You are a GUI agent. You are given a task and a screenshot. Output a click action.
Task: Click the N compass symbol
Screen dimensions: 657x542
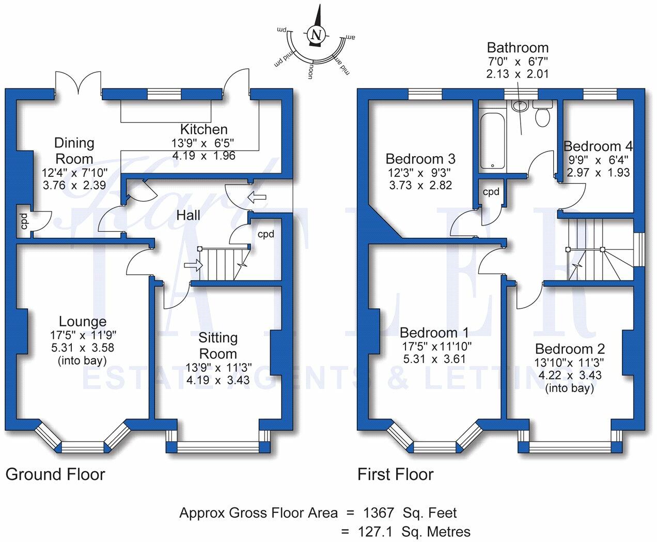[x=317, y=34]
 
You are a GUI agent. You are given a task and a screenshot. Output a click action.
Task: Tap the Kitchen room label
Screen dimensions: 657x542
[x=204, y=129]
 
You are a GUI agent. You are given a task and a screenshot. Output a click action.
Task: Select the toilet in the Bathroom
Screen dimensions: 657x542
[x=543, y=113]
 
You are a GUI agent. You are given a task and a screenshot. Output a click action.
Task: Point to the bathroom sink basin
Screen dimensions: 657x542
[x=520, y=106]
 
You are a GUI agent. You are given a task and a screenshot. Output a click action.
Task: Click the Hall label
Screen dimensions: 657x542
[x=188, y=215]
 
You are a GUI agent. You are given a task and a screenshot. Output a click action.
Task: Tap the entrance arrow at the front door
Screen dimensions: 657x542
[x=257, y=198]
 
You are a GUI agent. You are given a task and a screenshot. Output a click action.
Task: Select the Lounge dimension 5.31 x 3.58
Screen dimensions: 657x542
[x=83, y=348]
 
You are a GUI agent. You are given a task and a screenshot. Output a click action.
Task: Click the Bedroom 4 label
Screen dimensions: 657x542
[x=598, y=146]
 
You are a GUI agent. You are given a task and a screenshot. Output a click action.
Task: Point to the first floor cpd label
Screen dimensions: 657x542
[x=491, y=192]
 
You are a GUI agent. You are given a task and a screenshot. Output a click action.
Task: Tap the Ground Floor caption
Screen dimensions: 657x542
[x=55, y=474]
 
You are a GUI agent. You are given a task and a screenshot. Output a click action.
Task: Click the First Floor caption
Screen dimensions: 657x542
[x=396, y=474]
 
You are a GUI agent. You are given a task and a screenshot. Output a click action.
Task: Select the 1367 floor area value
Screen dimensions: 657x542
[x=379, y=513]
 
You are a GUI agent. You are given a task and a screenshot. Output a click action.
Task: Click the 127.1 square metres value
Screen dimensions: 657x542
[x=376, y=532]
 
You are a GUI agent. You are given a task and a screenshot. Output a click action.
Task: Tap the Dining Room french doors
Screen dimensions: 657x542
[x=79, y=83]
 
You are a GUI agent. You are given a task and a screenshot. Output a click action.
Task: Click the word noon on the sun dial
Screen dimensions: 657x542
[x=310, y=71]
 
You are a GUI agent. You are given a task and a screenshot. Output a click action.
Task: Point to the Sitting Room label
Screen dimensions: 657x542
[x=218, y=345]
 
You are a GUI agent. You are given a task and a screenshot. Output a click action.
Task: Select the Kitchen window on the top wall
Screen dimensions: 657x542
[x=164, y=94]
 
